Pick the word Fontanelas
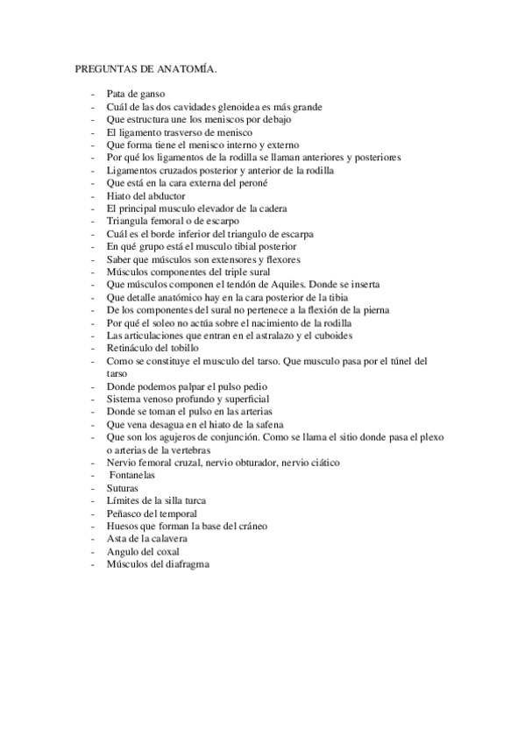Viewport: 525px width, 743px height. tap(135, 475)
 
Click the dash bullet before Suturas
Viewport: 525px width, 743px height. tap(91, 488)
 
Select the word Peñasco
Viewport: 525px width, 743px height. tap(127, 513)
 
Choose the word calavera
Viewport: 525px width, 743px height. tap(167, 539)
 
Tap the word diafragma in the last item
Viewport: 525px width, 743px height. tap(188, 564)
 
